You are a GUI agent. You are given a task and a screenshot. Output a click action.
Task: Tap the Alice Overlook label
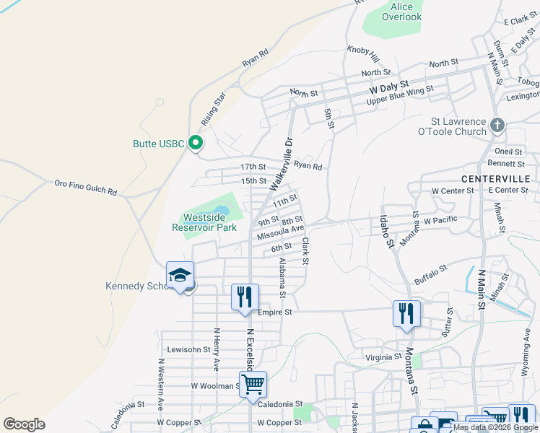click(x=401, y=12)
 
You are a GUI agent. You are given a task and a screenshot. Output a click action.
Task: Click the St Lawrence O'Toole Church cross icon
click(x=497, y=126)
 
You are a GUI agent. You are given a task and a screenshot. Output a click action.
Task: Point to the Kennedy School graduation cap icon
click(x=180, y=275)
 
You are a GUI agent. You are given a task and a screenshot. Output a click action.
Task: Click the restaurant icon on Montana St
click(x=406, y=313)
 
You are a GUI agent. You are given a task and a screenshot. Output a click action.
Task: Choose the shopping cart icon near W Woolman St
click(x=253, y=384)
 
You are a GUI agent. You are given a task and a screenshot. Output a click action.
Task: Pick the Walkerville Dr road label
click(x=282, y=165)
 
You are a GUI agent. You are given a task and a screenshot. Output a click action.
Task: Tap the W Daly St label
click(x=388, y=88)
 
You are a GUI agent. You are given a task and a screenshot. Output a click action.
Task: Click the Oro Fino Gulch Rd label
click(x=86, y=188)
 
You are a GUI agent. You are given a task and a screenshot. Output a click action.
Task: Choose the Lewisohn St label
click(x=188, y=349)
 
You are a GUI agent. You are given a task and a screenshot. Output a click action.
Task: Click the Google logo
click(x=24, y=424)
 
